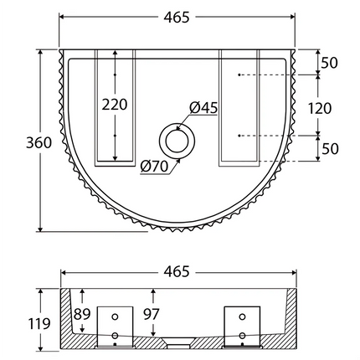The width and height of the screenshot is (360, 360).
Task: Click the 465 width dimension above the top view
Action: [x=177, y=17]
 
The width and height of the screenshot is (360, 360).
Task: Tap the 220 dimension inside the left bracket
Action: [x=115, y=105]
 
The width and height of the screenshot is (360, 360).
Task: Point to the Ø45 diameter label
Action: [x=203, y=107]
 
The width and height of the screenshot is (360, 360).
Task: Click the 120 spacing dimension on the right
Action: [x=320, y=107]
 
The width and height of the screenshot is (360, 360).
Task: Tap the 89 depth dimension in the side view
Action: [x=82, y=315]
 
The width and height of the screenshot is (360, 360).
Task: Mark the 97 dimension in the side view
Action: [x=152, y=315]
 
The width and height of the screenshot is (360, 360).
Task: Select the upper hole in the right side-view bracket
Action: [x=243, y=318]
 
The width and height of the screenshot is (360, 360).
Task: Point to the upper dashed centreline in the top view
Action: [x=268, y=76]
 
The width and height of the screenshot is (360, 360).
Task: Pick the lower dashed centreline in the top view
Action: [x=268, y=136]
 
